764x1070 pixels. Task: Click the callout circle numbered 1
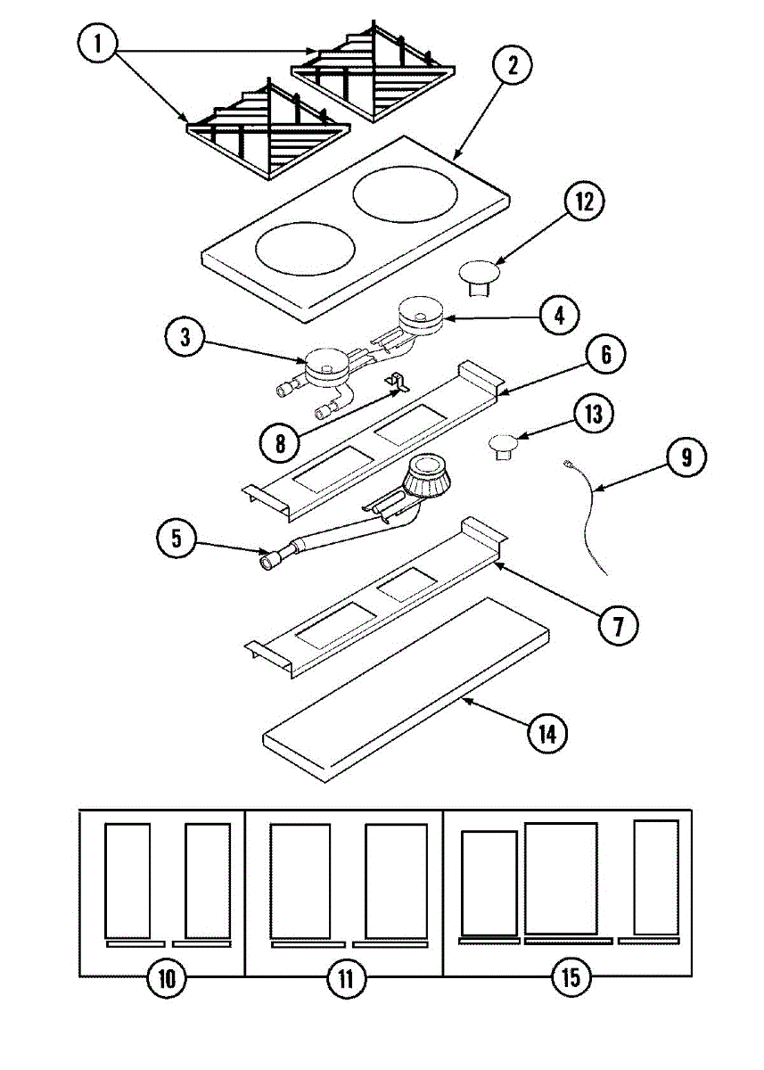click(x=99, y=44)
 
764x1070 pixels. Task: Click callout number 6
click(x=604, y=355)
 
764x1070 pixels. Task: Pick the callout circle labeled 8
click(x=281, y=440)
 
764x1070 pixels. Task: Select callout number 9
click(x=685, y=457)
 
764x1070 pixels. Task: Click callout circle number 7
click(x=618, y=625)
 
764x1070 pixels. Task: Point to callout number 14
click(x=546, y=733)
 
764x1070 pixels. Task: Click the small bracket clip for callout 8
click(x=398, y=384)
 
